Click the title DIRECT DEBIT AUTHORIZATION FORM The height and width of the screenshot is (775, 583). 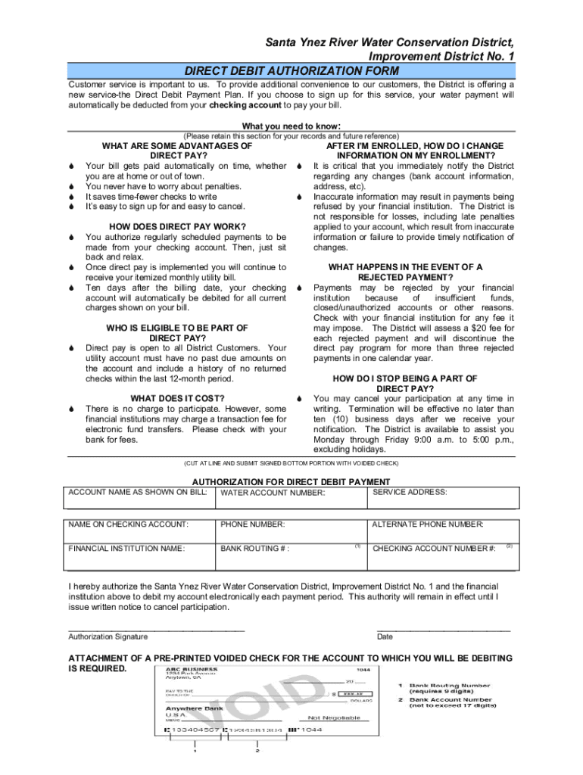point(292,70)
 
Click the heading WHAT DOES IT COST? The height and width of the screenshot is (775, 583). point(178,398)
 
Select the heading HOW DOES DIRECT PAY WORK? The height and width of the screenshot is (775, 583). point(178,227)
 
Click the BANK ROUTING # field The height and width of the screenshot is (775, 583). point(291,556)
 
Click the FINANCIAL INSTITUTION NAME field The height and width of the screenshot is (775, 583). point(140,556)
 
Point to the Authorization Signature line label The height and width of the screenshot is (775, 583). point(108,636)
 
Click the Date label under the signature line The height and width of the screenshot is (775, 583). point(385,636)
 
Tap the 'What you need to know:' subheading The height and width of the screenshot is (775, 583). point(291,126)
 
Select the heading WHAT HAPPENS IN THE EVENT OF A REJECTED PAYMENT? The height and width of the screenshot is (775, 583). point(405,272)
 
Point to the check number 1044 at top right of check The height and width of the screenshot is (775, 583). point(364,669)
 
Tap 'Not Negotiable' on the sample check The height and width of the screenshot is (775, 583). point(334,717)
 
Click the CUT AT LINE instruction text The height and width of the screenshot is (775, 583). point(291,463)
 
